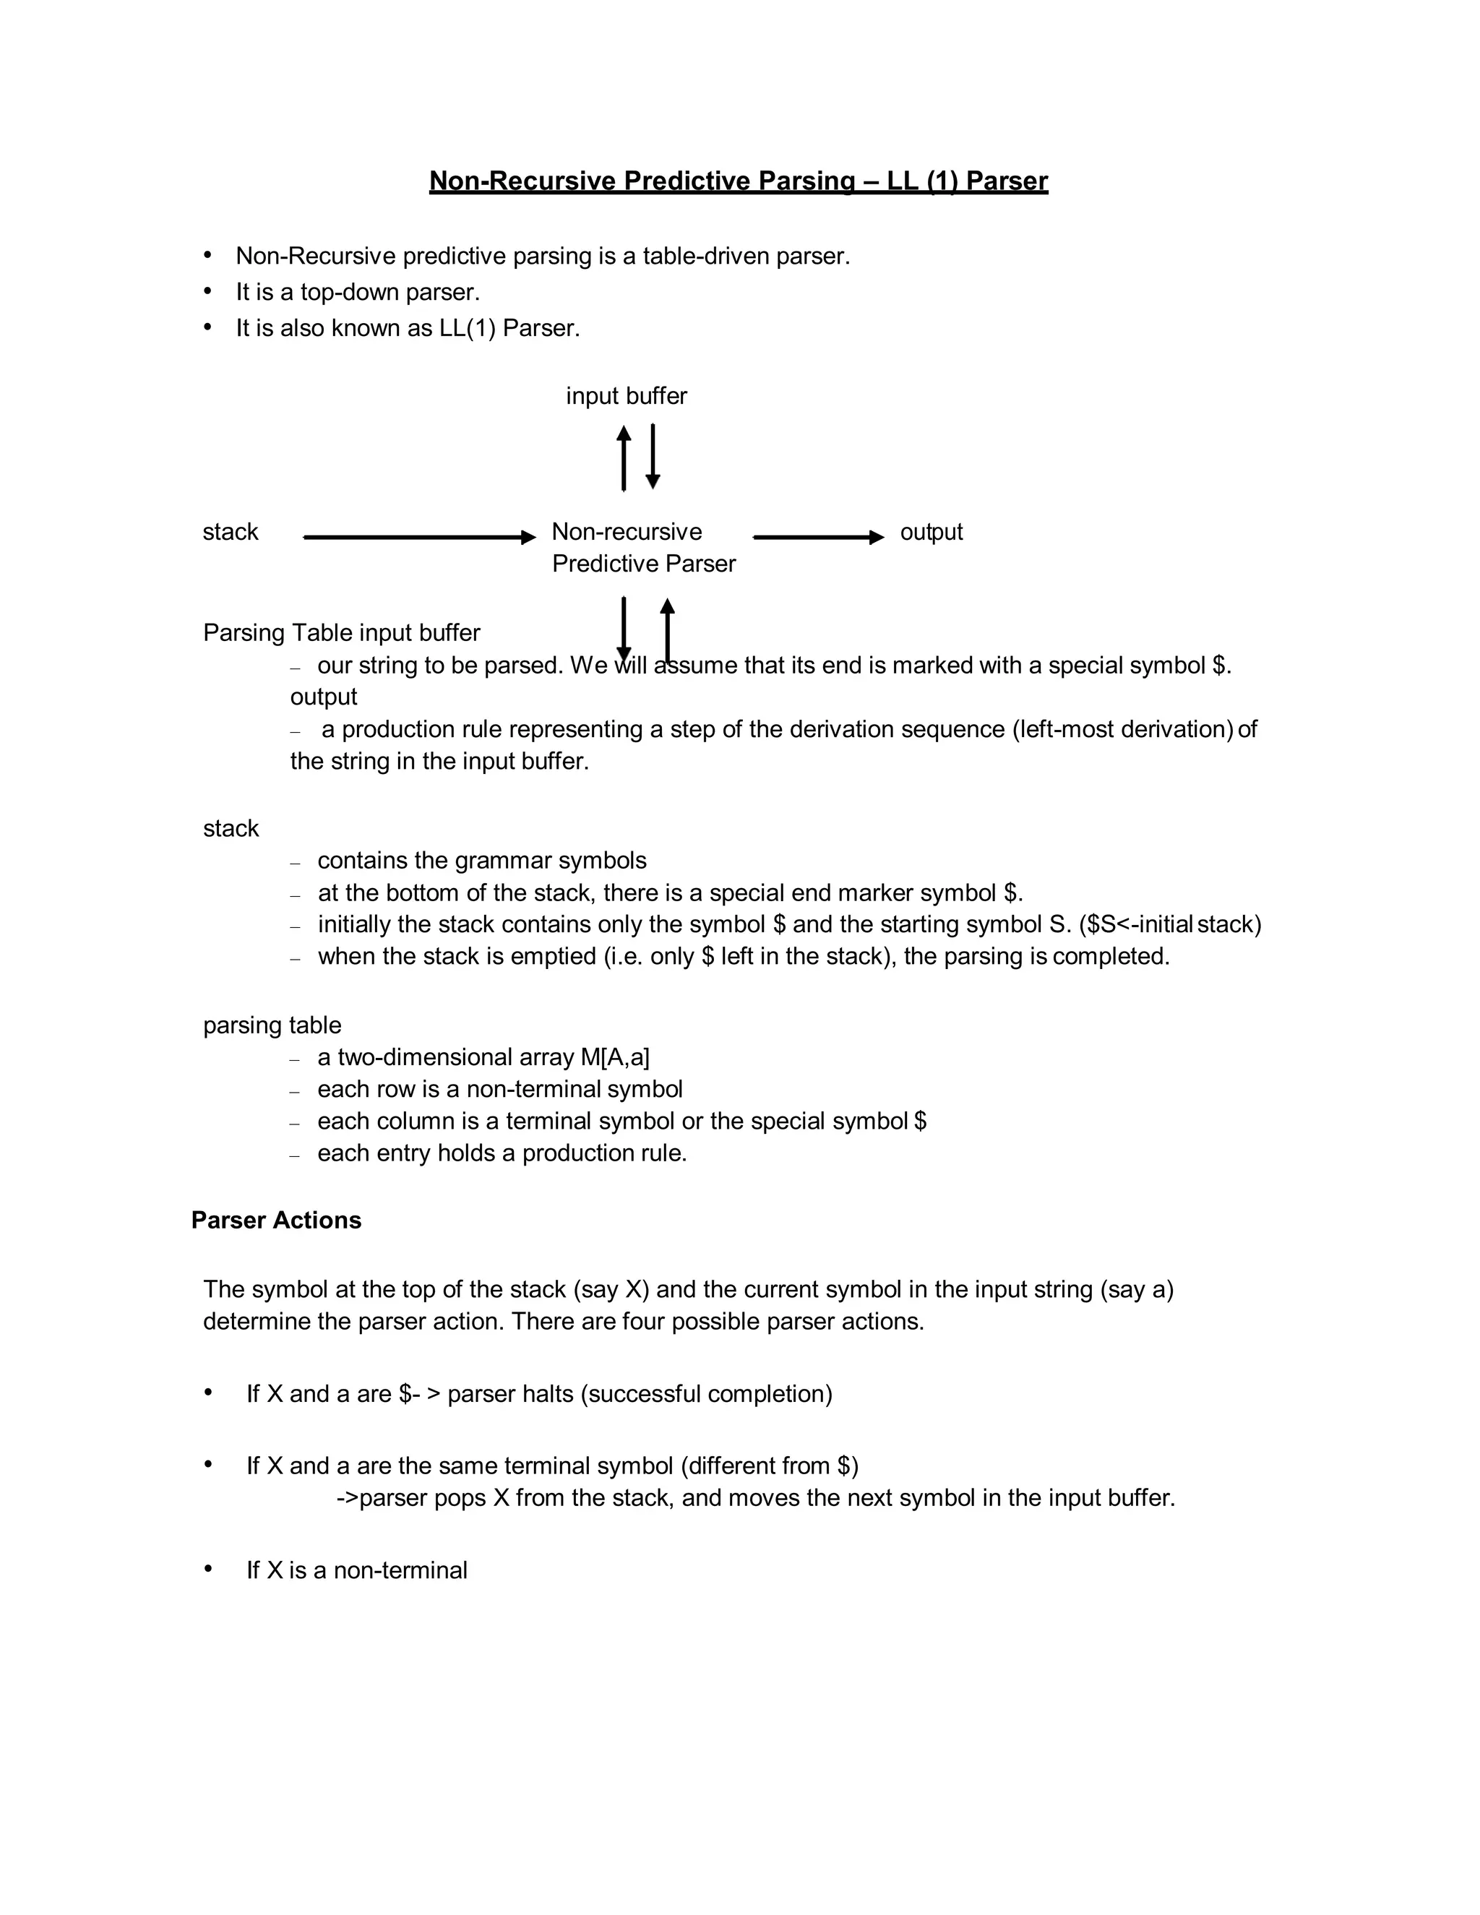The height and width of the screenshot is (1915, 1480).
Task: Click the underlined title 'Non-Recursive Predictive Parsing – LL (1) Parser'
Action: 739,181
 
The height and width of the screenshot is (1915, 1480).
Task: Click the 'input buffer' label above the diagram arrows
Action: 626,396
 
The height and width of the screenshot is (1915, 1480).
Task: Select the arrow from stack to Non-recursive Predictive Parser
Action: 419,537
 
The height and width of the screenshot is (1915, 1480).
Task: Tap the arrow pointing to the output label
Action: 818,537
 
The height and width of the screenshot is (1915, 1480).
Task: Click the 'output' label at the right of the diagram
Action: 931,533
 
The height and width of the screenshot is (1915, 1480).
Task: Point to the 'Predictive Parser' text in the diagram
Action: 644,564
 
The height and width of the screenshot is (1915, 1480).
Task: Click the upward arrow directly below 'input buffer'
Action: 624,457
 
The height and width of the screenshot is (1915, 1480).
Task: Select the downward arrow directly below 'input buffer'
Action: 653,456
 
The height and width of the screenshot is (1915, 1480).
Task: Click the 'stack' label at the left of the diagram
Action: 231,533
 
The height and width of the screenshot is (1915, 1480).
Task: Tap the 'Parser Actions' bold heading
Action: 276,1221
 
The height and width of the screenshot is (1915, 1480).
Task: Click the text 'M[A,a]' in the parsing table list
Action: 615,1057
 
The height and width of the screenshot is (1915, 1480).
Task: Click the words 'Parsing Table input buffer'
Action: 341,633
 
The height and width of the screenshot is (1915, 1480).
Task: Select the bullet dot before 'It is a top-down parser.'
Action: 208,291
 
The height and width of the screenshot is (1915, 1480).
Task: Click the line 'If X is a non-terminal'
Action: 356,1570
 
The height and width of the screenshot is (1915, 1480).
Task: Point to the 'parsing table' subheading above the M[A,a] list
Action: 272,1025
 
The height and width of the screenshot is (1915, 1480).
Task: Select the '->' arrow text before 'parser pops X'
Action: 347,1497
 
